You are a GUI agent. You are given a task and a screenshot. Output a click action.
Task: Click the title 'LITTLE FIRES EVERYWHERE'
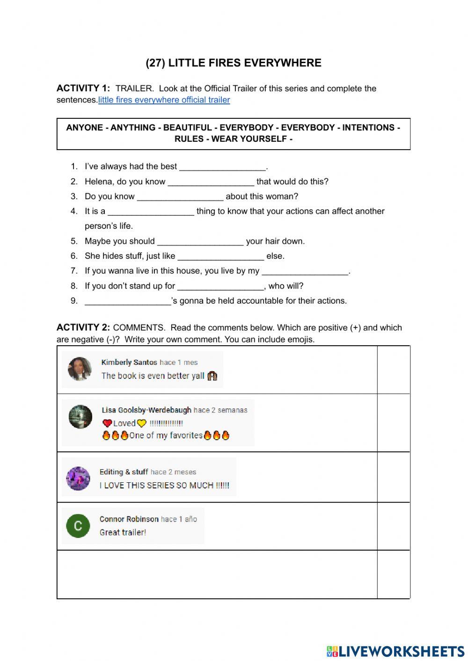pyautogui.click(x=244, y=63)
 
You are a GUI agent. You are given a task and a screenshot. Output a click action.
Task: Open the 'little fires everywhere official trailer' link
pyautogui.click(x=164, y=100)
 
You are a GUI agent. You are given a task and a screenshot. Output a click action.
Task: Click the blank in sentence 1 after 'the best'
pyautogui.click(x=222, y=167)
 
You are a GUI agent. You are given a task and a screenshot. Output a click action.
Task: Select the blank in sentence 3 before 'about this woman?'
pyautogui.click(x=180, y=197)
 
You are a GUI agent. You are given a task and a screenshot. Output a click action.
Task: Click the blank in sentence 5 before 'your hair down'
pyautogui.click(x=200, y=242)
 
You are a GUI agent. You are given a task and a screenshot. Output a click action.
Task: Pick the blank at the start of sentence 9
pyautogui.click(x=128, y=301)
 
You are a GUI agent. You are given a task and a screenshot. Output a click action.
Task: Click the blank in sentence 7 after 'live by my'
pyautogui.click(x=305, y=271)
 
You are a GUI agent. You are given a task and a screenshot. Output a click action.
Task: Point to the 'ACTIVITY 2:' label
pyautogui.click(x=83, y=327)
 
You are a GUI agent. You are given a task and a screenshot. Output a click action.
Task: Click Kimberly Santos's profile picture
pyautogui.click(x=80, y=369)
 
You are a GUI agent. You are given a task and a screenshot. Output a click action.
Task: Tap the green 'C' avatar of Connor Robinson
pyautogui.click(x=78, y=526)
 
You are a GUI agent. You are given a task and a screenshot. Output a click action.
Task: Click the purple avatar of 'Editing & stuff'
pyautogui.click(x=78, y=479)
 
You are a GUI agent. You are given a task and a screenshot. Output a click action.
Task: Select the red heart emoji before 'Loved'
pyautogui.click(x=107, y=423)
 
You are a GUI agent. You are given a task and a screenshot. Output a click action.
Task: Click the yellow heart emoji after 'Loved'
pyautogui.click(x=142, y=423)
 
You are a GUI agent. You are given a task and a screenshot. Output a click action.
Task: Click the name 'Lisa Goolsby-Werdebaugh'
pyautogui.click(x=146, y=410)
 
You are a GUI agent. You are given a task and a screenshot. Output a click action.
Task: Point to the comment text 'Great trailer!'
pyautogui.click(x=123, y=532)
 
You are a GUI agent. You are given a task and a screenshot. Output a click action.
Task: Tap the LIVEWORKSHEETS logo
pyautogui.click(x=395, y=651)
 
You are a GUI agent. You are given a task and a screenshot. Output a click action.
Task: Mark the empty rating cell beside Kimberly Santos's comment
pyautogui.click(x=393, y=370)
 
